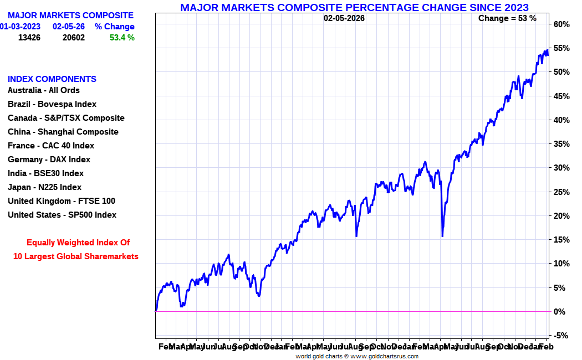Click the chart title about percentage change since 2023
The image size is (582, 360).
tap(354, 7)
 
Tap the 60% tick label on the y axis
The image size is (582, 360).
tap(561, 24)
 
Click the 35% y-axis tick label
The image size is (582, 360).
tap(561, 144)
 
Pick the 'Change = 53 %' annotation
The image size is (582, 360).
tap(507, 18)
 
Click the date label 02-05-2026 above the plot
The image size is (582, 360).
tap(344, 18)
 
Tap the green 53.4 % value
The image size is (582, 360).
tap(122, 38)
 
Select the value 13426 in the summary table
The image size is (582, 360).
tap(29, 38)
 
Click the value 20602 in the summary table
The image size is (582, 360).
tap(74, 38)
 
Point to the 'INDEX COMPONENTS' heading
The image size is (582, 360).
tap(52, 79)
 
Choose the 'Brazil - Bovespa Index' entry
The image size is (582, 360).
tap(52, 104)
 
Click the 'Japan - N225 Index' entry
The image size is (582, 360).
tap(44, 187)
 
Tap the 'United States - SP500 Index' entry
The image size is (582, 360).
tap(62, 215)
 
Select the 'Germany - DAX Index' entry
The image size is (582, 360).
tap(49, 160)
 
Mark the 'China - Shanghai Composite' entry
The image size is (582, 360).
tap(63, 132)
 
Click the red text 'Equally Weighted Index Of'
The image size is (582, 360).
tap(78, 243)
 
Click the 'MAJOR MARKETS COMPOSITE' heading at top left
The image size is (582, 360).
tap(70, 16)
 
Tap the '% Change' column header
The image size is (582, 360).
tap(114, 27)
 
